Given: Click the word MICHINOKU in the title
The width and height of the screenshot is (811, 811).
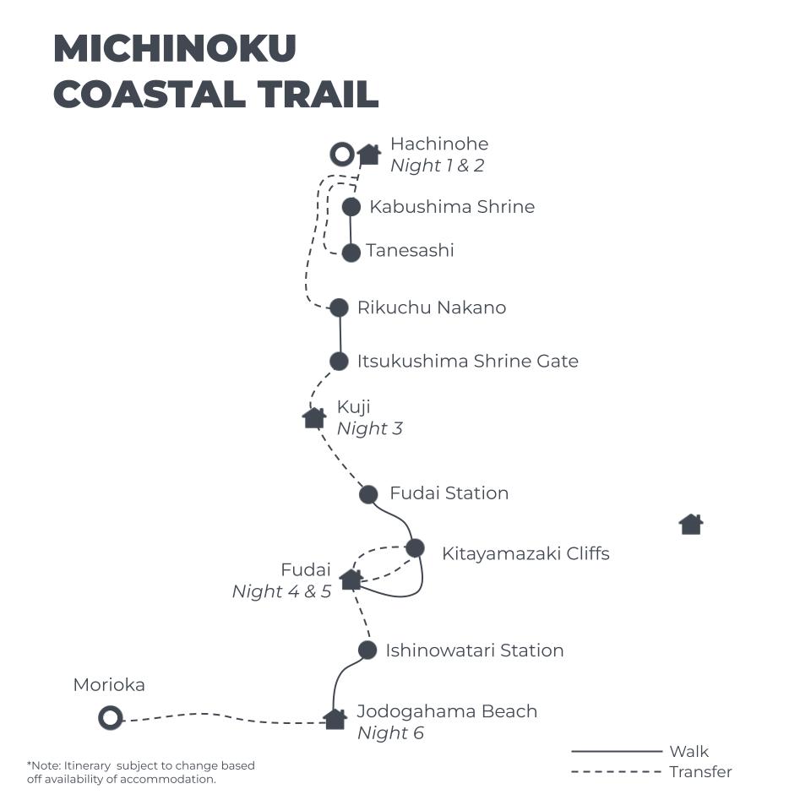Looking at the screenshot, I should point(175,49).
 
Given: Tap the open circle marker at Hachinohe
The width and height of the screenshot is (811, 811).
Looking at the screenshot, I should point(341,155).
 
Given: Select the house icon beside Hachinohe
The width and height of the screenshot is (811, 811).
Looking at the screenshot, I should point(368,154).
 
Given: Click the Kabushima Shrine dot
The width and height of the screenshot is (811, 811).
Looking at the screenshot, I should point(351,206).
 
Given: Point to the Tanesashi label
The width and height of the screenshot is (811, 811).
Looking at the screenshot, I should point(410,251).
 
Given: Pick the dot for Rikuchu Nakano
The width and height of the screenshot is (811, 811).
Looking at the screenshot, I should point(339,308).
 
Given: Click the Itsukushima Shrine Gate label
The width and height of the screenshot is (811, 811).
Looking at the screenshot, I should point(467,362).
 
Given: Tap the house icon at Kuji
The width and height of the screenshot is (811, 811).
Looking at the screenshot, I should point(314,417).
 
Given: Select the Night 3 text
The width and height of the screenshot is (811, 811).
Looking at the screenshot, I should point(369,428).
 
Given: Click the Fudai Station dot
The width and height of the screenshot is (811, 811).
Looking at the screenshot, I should point(368,494).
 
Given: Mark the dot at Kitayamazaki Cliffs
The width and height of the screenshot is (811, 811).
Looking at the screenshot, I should point(415,548).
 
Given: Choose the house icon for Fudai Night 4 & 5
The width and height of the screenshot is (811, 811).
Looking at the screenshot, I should point(351,580).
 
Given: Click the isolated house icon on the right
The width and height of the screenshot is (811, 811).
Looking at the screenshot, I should point(691,525).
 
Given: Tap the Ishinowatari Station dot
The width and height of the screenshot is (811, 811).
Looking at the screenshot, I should point(367,650).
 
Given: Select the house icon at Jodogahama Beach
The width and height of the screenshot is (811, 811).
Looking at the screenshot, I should point(335,719).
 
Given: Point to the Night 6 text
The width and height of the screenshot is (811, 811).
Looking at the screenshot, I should point(390,732).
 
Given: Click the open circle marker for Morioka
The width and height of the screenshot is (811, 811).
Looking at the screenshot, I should point(110,719).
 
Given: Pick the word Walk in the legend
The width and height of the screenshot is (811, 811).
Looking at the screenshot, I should point(689,751).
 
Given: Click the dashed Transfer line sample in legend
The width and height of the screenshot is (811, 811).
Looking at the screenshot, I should point(616,771).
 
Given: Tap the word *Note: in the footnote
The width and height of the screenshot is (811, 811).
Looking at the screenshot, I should point(44,765).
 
